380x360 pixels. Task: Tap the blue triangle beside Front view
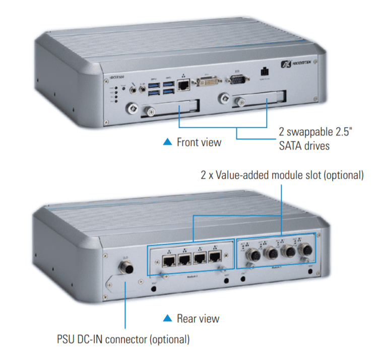(x=168, y=142)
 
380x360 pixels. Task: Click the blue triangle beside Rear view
(x=168, y=318)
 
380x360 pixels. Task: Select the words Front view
(x=199, y=142)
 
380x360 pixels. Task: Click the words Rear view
(x=198, y=318)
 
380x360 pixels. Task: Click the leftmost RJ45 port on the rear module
(x=168, y=261)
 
